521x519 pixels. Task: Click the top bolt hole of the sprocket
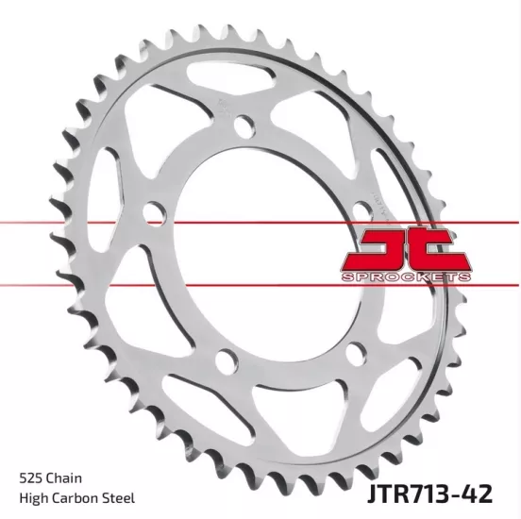pos(243,125)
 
